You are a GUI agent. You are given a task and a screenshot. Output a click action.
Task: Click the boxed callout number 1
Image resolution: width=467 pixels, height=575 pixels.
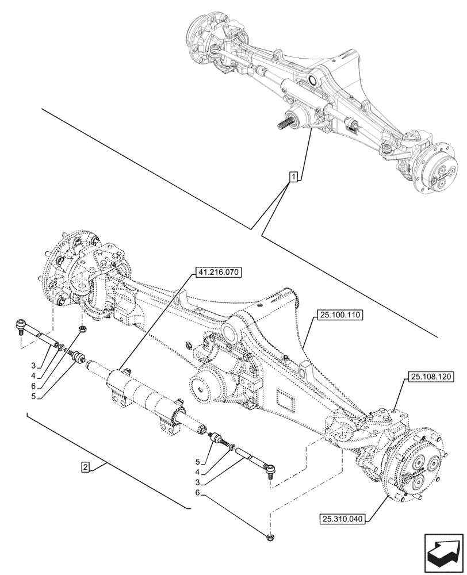tap(293, 177)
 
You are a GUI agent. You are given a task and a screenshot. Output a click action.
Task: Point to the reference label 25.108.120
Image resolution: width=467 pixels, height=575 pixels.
tap(430, 377)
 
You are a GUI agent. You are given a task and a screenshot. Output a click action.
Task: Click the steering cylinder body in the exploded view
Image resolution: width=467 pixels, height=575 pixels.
tap(144, 397)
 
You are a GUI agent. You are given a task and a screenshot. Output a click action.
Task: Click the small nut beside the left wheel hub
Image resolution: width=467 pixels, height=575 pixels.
tap(83, 329)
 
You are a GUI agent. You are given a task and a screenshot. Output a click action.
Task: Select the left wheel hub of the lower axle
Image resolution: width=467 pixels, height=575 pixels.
tap(69, 270)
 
